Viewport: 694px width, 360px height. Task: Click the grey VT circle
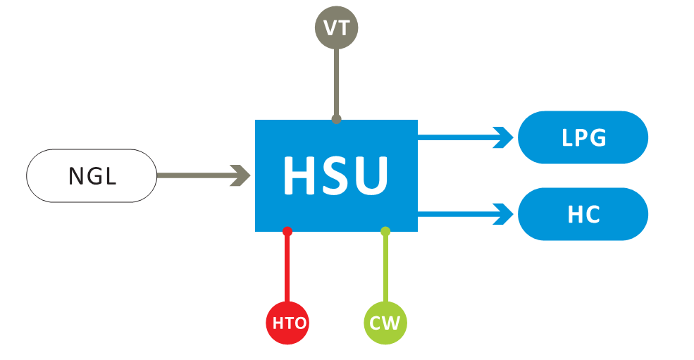point(336,29)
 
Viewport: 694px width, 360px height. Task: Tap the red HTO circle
point(287,323)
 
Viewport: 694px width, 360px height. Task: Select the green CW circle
point(385,323)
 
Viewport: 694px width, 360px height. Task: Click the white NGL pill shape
point(92,175)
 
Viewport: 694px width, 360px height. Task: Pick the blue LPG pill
point(583,137)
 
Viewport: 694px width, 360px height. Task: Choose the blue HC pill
point(583,213)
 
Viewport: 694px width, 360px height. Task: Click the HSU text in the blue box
point(335,175)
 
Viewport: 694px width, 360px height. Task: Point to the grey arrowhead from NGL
point(242,175)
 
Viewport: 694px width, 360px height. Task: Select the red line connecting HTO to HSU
point(287,268)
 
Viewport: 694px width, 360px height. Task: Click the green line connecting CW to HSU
point(385,268)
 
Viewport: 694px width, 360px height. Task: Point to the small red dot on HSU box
point(287,231)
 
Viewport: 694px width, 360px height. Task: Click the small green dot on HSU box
point(385,231)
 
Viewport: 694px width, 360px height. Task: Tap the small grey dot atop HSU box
point(336,119)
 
